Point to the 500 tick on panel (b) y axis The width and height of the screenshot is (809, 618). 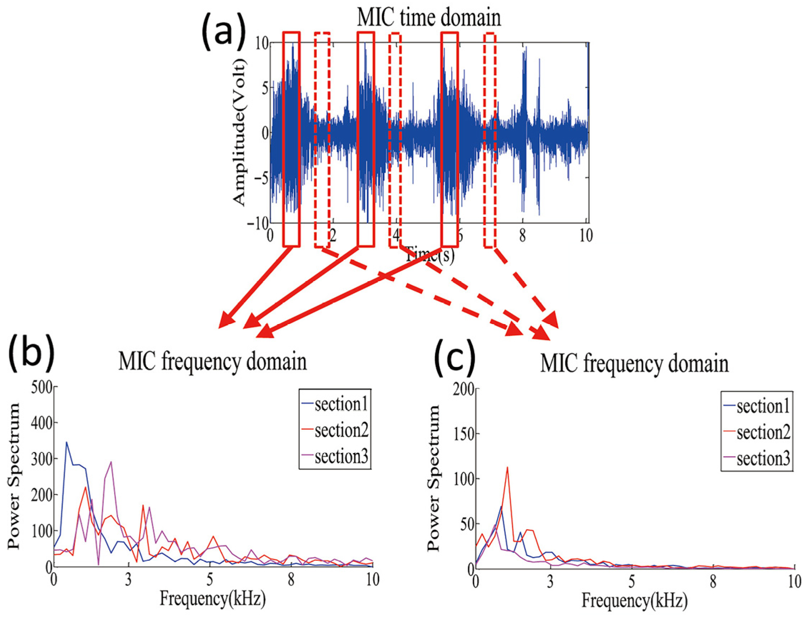[x=41, y=387]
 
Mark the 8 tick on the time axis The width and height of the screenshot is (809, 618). [x=522, y=235]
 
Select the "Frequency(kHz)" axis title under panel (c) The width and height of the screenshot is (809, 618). [x=634, y=600]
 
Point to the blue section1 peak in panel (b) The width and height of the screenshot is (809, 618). [x=67, y=442]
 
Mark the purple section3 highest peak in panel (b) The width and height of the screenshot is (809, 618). [x=111, y=462]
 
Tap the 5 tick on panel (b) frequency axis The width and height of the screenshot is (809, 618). [x=210, y=580]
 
